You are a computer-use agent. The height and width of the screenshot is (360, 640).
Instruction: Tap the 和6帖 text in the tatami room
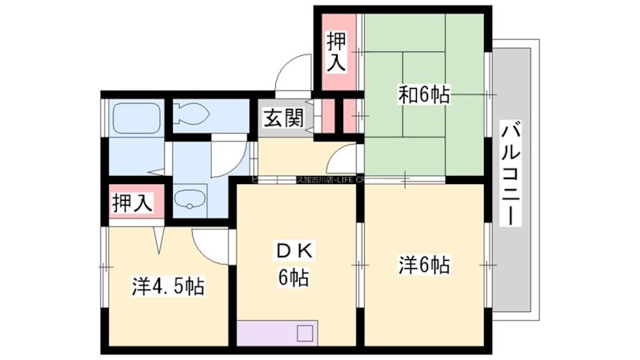click(424, 95)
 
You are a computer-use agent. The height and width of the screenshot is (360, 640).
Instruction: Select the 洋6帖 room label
click(423, 265)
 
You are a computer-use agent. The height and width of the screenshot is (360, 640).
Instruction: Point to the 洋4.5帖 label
click(167, 286)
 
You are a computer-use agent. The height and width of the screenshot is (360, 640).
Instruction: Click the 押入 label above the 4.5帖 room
click(132, 202)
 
